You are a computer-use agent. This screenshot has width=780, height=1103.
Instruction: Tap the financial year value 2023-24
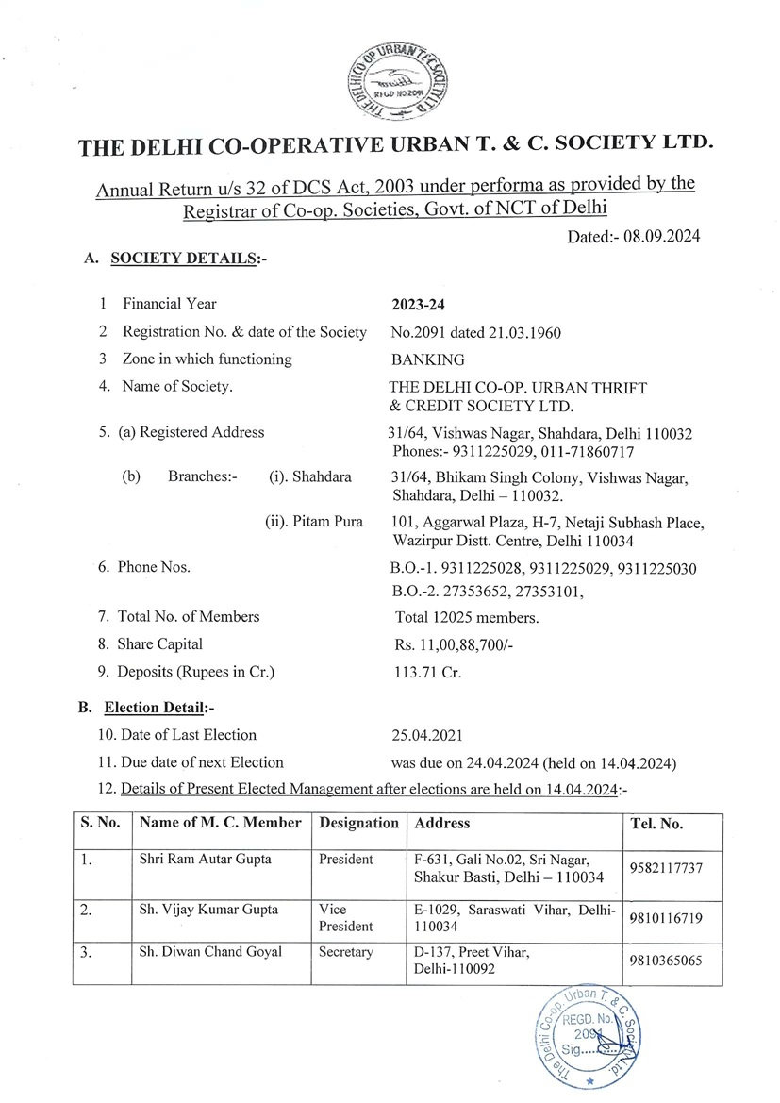pyautogui.click(x=417, y=305)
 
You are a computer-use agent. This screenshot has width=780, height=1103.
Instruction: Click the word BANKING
pyautogui.click(x=426, y=359)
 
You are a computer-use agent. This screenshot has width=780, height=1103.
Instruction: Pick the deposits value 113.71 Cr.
pyautogui.click(x=420, y=673)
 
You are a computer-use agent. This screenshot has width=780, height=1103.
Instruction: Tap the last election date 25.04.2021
pyautogui.click(x=426, y=734)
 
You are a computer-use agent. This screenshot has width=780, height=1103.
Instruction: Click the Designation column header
pyautogui.click(x=359, y=823)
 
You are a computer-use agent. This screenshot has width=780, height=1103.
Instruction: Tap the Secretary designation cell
pyautogui.click(x=346, y=952)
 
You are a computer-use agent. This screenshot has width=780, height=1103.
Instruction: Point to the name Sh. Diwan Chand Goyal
pyautogui.click(x=210, y=952)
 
